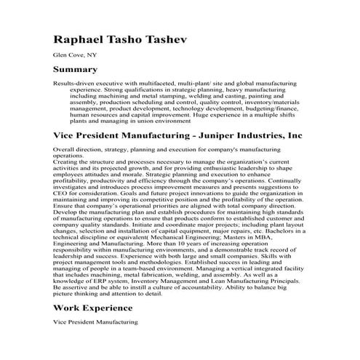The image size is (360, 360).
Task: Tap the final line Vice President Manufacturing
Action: pos(96,342)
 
